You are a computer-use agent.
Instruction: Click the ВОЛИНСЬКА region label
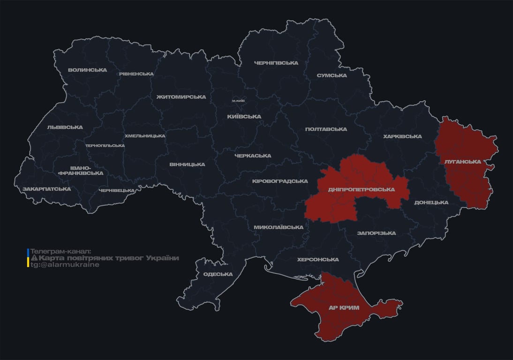click(x=87, y=70)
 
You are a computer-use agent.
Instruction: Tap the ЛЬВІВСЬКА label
click(x=65, y=127)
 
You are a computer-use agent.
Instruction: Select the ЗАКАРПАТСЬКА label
click(x=46, y=189)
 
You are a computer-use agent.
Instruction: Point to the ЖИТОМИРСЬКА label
click(x=181, y=97)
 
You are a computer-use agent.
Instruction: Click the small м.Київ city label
click(x=238, y=101)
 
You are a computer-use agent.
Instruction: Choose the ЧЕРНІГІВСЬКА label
click(x=276, y=63)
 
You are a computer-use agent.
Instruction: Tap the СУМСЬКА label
click(x=332, y=75)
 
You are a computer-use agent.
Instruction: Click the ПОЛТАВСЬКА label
click(x=326, y=129)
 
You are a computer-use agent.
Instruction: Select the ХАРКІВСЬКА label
click(x=402, y=137)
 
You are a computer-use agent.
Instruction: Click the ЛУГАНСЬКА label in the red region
click(x=462, y=162)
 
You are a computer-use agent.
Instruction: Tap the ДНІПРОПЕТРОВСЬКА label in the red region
click(x=362, y=190)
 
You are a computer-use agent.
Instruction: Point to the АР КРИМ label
click(x=343, y=308)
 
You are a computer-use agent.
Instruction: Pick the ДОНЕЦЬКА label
click(x=431, y=202)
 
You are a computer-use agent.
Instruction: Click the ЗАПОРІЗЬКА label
click(x=376, y=233)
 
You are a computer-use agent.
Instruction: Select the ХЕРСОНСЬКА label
click(x=317, y=260)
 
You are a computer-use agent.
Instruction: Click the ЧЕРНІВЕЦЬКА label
click(x=117, y=191)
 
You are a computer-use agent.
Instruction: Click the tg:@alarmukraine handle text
click(x=65, y=265)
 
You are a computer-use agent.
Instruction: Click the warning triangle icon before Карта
click(x=34, y=258)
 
